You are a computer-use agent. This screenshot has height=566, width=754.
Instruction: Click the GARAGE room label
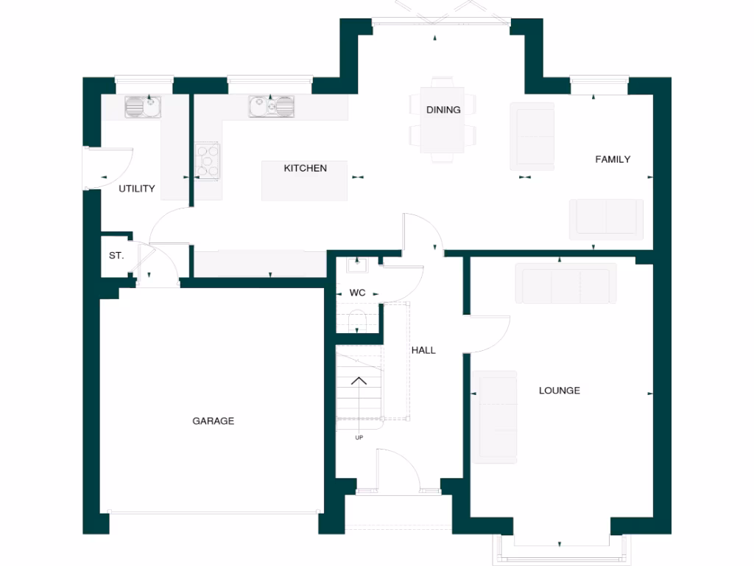pyautogui.click(x=214, y=421)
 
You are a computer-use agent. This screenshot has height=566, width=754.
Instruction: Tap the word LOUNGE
pyautogui.click(x=559, y=391)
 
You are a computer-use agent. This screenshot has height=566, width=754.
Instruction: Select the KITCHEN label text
pyautogui.click(x=306, y=168)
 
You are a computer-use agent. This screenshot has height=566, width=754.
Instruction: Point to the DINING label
pyautogui.click(x=443, y=110)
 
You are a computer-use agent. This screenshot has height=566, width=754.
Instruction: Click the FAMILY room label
pyautogui.click(x=613, y=159)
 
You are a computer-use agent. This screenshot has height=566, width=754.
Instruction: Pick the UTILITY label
pyautogui.click(x=137, y=189)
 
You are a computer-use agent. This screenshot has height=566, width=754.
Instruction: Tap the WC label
pyautogui.click(x=357, y=293)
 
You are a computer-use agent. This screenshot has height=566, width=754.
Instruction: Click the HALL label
pyautogui.click(x=423, y=350)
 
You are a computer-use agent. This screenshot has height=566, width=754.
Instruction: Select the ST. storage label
pyautogui.click(x=116, y=256)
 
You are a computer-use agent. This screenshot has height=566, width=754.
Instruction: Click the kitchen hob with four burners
pyautogui.click(x=208, y=161)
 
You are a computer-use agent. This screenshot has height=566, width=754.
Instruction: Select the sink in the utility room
pyautogui.click(x=138, y=108)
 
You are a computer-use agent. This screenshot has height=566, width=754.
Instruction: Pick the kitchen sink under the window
pyautogui.click(x=271, y=108)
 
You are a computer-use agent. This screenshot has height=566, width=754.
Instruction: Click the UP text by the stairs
pyautogui.click(x=359, y=438)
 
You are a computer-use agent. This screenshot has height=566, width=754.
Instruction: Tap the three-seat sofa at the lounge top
pyautogui.click(x=565, y=283)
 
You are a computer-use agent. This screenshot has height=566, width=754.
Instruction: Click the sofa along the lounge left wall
pyautogui.click(x=495, y=417)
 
